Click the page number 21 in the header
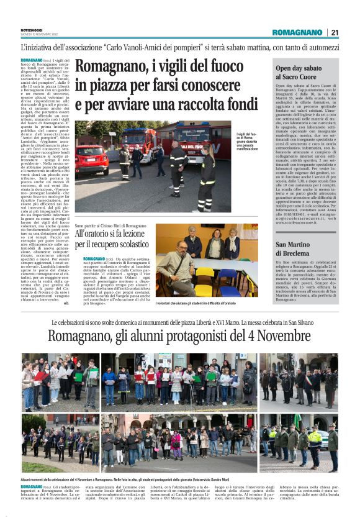(335, 32)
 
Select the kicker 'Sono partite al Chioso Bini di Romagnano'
(110, 225)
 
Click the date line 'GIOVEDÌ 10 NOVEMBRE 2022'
(39, 34)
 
